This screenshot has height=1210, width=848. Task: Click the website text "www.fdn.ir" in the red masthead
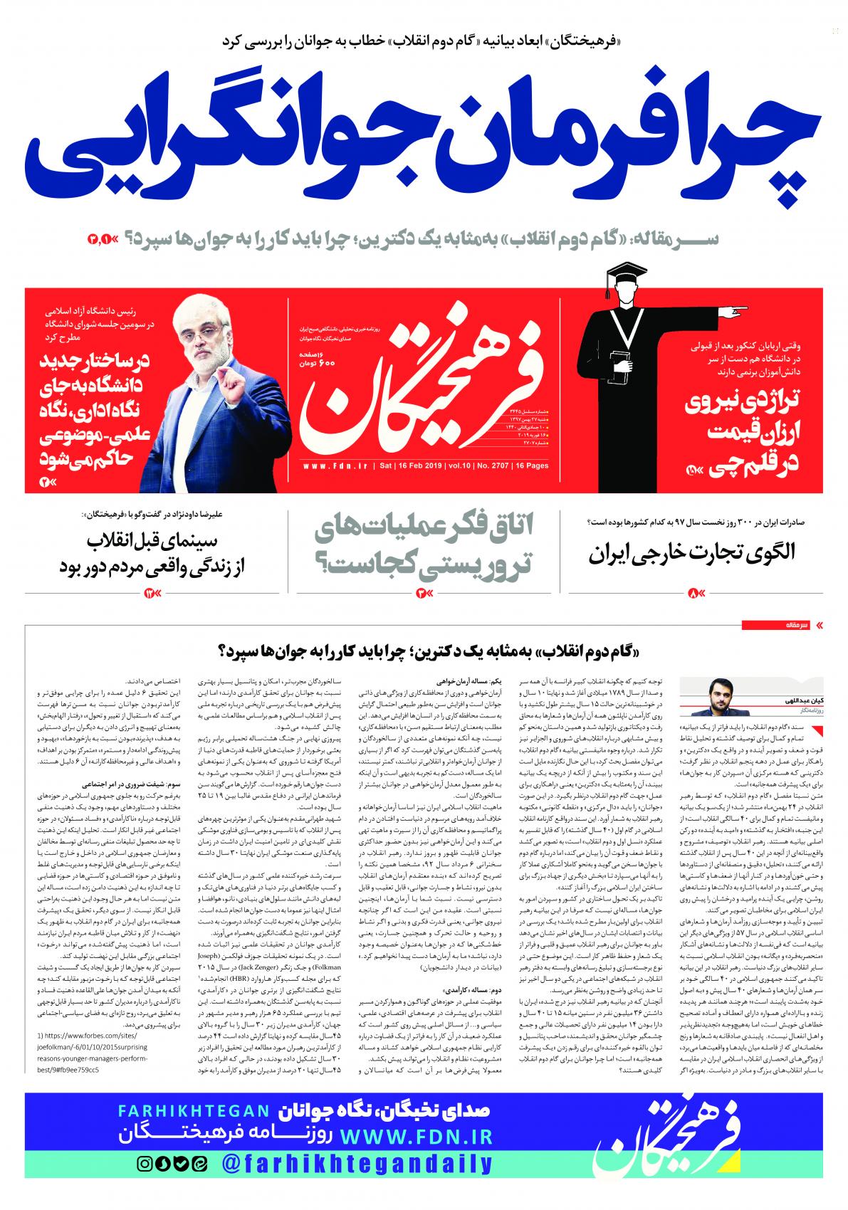point(335,467)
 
